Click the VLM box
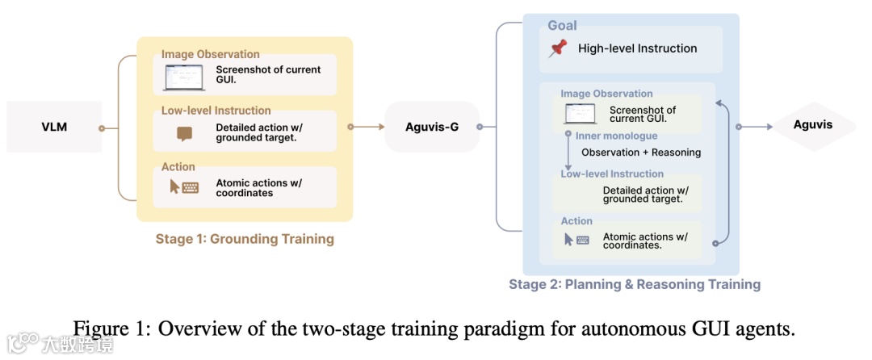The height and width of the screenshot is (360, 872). coord(54,127)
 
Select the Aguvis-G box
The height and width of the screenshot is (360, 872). coord(431,127)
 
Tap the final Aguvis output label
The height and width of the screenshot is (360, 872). coord(812,125)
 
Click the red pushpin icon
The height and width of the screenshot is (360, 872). coord(557,48)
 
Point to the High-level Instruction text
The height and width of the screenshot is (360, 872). coord(637,48)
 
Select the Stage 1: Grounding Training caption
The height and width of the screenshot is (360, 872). coord(245,239)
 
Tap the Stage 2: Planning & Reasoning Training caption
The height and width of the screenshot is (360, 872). coord(635,284)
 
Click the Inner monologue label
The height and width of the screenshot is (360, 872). coord(616,136)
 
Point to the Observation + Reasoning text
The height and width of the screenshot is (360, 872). coord(641,152)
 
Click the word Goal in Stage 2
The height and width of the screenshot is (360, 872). coord(562,25)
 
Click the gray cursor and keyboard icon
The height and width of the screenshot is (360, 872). coord(576,240)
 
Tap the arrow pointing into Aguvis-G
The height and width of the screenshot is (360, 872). coord(371,127)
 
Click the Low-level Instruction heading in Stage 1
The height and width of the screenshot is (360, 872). coord(216,111)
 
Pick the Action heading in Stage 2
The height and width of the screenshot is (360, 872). coord(576,221)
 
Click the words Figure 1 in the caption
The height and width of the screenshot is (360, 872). coord(106,329)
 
